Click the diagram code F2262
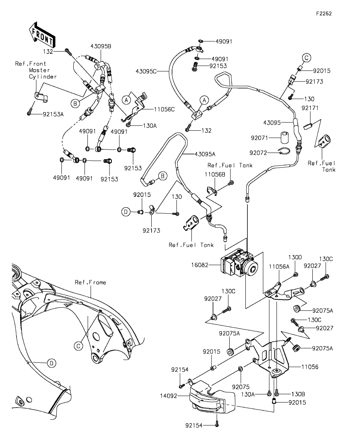[324, 13]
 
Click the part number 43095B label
[101, 46]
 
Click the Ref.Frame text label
[91, 282]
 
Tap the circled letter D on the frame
[51, 363]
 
